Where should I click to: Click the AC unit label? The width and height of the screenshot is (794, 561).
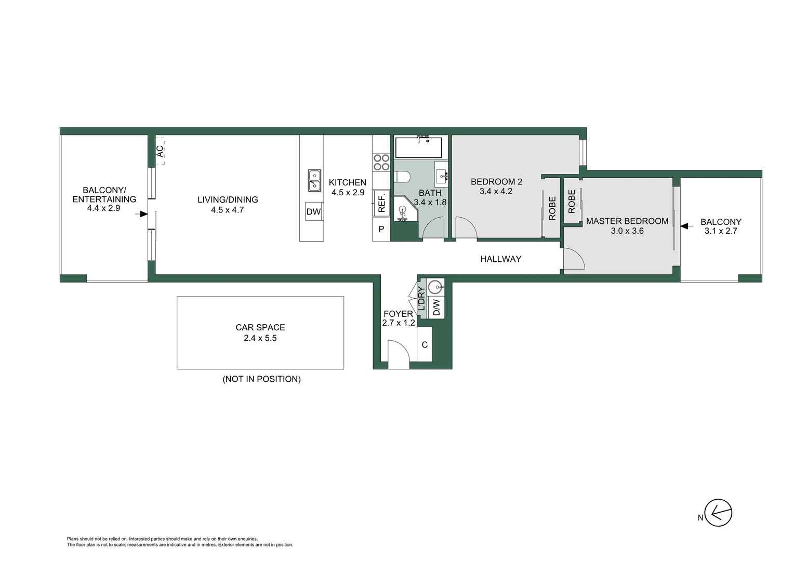pos(160,151)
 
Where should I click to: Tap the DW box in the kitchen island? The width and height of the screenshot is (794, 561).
pos(313,212)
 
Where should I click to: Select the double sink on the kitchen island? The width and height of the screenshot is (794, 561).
pos(314,180)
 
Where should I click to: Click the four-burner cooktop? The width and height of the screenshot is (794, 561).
pos(381,162)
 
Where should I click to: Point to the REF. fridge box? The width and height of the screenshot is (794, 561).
pos(381,203)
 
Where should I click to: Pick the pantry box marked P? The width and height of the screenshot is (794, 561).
pos(381,229)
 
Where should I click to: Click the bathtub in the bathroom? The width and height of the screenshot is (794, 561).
pos(418,148)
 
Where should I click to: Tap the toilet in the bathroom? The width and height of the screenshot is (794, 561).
pos(402,177)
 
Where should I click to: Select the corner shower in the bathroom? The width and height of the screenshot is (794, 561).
pos(404,210)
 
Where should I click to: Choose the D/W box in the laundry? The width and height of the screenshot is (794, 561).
pos(436,308)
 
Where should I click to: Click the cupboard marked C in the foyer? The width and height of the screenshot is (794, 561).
pos(425,344)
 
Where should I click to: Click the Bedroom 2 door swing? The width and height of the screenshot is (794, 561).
pos(466,229)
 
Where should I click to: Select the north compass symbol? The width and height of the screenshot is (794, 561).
pos(718,513)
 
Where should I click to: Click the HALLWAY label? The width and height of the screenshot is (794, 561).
pos(500,259)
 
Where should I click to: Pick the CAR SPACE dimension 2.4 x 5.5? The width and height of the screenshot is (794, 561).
pos(260,338)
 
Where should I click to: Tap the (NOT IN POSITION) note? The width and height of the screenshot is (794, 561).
pos(261,379)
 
